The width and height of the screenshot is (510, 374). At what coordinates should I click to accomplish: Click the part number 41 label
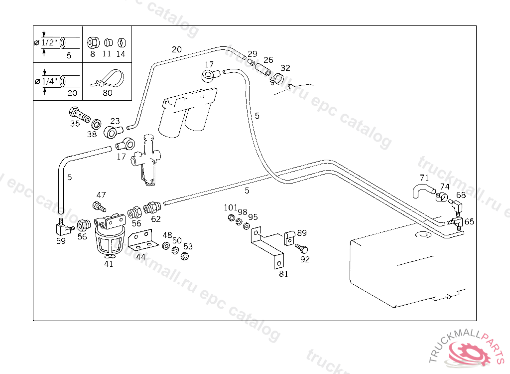coord(109,264)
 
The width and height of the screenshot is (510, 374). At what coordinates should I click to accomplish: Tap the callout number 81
coord(283,273)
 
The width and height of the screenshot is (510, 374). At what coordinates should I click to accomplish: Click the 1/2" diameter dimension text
coord(49,42)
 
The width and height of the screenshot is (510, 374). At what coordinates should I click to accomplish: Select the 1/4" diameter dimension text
coord(49,81)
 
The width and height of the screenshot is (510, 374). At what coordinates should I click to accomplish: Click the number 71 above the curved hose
coord(424,178)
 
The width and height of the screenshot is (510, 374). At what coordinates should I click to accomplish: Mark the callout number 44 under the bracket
coord(141,257)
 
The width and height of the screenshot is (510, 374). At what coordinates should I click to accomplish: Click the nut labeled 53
coord(183,256)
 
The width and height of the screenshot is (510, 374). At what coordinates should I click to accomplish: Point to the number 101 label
coord(231,207)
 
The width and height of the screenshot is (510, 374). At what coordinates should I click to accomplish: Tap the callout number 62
coord(156,218)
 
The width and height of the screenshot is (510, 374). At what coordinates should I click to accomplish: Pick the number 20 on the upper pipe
coord(177,49)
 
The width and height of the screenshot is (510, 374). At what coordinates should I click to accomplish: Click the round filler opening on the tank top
coord(422,233)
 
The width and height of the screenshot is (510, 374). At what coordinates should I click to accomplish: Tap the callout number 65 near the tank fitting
coord(469,222)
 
